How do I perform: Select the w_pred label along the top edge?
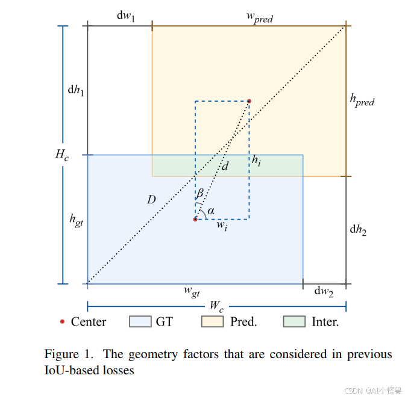259,18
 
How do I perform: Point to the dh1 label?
75,90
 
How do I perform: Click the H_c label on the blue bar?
62,155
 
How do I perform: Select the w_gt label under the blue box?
192,291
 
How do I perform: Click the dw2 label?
324,291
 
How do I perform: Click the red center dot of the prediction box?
248,101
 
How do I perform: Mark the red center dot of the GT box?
195,219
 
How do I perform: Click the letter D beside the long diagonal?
151,200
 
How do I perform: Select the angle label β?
200,194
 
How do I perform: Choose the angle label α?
211,211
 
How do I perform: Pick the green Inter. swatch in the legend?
294,322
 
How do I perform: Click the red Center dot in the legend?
62,322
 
